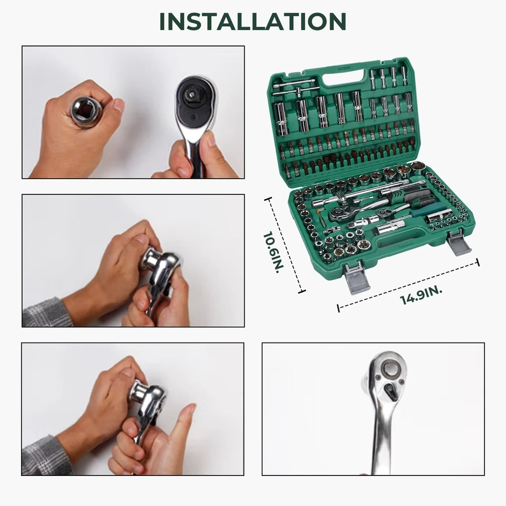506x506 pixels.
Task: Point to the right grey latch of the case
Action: pos(460,244)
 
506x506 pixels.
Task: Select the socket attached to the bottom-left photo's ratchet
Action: pos(138,392)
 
